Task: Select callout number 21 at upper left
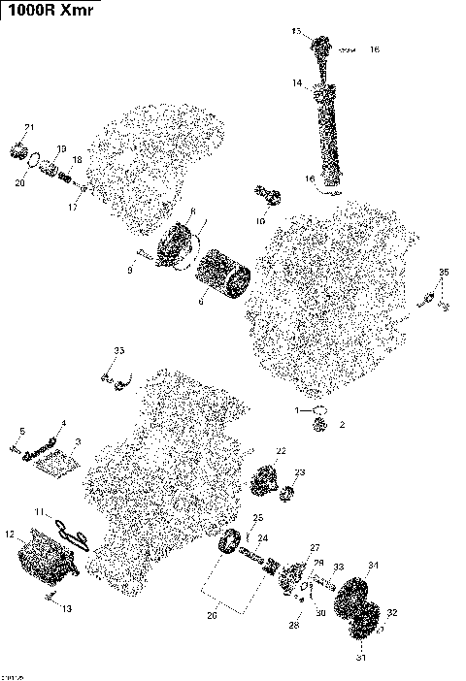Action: click(x=28, y=128)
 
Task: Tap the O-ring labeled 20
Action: click(x=34, y=162)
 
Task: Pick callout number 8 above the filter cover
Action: click(x=192, y=211)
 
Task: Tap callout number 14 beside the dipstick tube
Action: click(x=297, y=84)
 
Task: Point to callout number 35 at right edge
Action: click(x=444, y=271)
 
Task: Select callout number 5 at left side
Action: click(x=22, y=430)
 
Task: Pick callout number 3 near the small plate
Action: click(x=79, y=441)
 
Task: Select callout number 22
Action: click(x=281, y=451)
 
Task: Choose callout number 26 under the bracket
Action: click(x=212, y=614)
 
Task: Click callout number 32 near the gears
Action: click(x=391, y=613)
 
